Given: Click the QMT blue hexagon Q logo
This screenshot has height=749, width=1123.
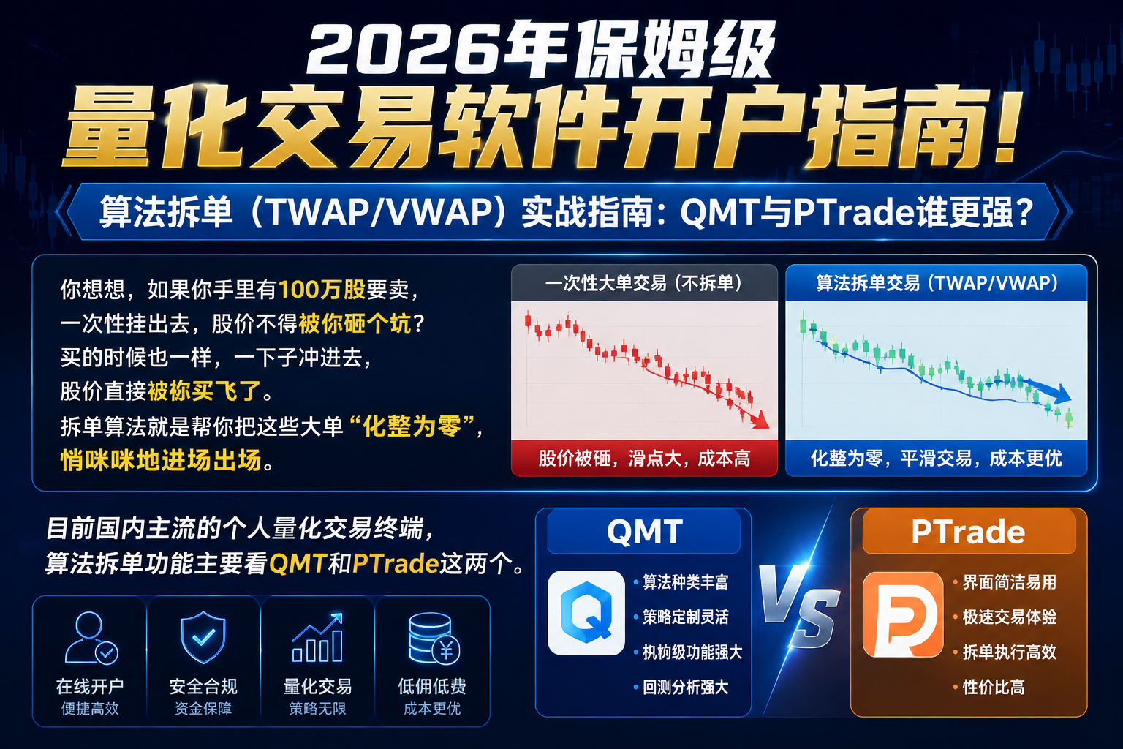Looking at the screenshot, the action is tap(586, 612).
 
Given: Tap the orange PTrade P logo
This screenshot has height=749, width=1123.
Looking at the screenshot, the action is tap(903, 614).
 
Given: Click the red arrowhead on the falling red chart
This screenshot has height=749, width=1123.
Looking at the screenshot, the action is tap(760, 420).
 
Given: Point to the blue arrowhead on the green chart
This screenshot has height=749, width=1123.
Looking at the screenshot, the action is tap(1061, 393).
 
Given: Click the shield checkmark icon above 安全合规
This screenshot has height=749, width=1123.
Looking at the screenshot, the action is tap(203, 637).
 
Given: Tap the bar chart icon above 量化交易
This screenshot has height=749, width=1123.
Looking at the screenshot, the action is tap(318, 637).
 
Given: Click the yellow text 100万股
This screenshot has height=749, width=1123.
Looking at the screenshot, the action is tap(322, 290).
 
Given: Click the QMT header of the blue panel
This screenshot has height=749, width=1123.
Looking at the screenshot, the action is tap(644, 532).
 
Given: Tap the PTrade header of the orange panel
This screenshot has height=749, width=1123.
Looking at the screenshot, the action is tap(969, 532).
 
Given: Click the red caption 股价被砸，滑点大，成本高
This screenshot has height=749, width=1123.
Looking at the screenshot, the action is tap(644, 458).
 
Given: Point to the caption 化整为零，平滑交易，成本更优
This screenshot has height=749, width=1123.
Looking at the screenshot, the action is tap(937, 458).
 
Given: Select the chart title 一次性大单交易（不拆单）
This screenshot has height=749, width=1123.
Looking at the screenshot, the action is tap(644, 284).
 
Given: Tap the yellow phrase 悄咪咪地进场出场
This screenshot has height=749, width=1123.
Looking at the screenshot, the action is tap(161, 460).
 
